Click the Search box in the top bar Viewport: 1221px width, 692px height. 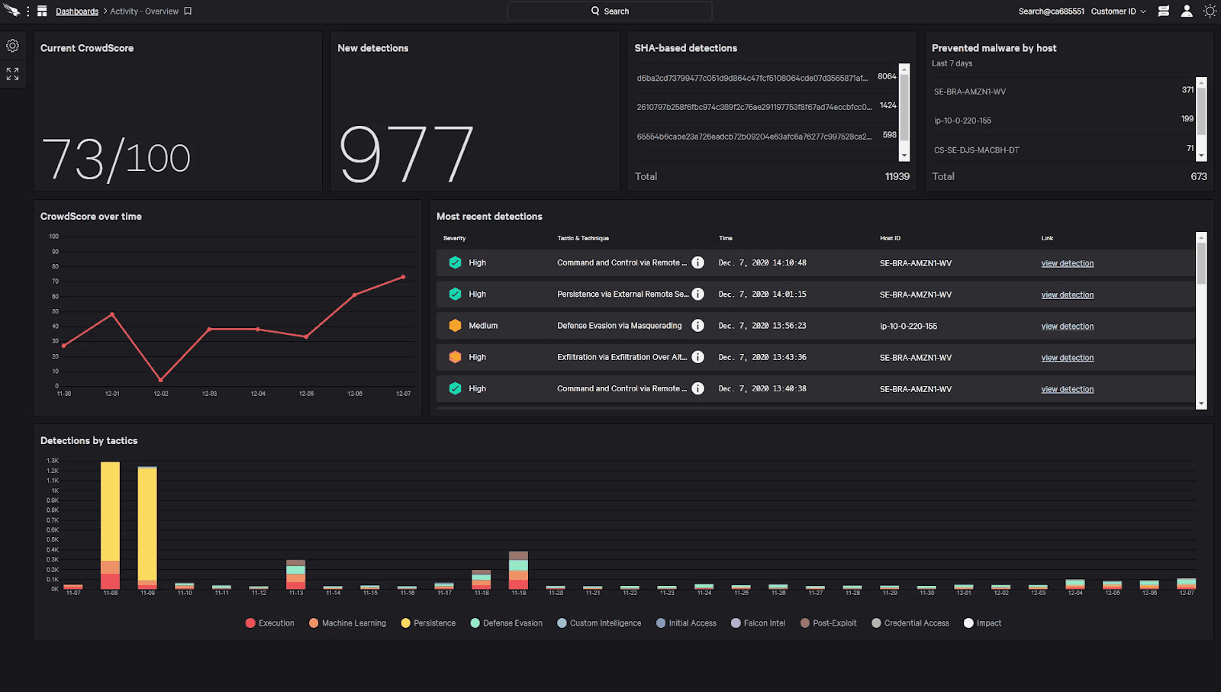click(x=610, y=11)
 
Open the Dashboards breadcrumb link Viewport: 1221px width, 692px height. click(x=77, y=11)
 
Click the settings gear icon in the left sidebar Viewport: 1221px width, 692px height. click(x=13, y=46)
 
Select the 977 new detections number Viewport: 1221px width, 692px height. click(x=405, y=155)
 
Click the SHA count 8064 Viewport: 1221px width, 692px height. click(x=887, y=76)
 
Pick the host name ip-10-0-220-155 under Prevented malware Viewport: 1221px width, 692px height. click(x=962, y=121)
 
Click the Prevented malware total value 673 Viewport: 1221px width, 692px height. click(x=1198, y=176)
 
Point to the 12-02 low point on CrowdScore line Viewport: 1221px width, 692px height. click(x=161, y=379)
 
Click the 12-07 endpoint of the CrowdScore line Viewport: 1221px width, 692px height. click(x=403, y=277)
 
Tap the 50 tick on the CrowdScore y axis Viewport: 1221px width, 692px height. click(x=55, y=311)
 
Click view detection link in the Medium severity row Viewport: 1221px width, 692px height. click(x=1067, y=327)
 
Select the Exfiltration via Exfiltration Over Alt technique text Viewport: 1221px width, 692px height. click(x=621, y=357)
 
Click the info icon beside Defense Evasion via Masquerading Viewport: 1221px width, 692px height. click(x=697, y=326)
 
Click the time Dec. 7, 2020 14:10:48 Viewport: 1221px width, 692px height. click(x=762, y=262)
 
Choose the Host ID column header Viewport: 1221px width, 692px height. click(x=890, y=238)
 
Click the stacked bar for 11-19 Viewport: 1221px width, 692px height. click(x=518, y=570)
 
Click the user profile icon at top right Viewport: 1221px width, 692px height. click(x=1187, y=11)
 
